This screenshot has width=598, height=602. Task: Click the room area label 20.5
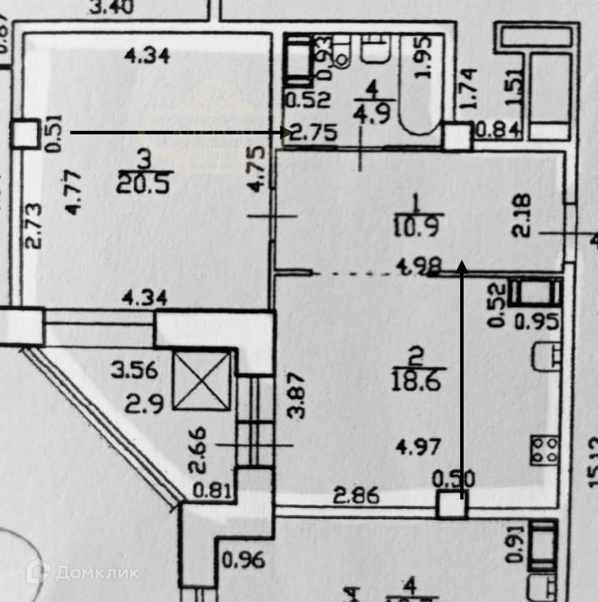click(143, 182)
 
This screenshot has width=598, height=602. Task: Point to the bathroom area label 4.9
click(371, 112)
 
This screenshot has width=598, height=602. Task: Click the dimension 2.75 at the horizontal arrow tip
click(313, 132)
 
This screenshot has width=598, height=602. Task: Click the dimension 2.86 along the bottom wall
click(357, 495)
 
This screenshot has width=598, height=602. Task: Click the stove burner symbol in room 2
click(546, 450)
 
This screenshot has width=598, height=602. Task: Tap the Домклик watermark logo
click(82, 571)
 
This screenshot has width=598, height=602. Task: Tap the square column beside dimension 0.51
click(25, 134)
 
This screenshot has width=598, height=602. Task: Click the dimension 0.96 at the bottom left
click(243, 560)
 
